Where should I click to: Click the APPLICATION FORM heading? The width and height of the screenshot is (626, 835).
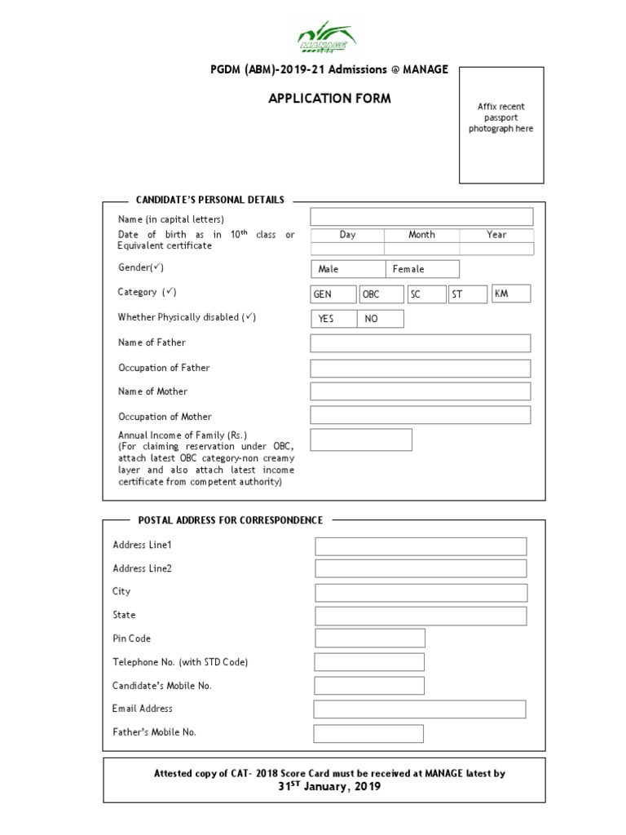pos(329,99)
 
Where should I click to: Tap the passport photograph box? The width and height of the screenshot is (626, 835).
pos(500,125)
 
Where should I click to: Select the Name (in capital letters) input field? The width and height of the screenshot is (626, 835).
pos(421,217)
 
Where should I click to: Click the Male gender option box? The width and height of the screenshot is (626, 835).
pos(347,269)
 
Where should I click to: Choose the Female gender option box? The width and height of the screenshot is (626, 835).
pos(422,269)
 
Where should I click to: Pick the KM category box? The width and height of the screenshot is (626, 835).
pos(511,294)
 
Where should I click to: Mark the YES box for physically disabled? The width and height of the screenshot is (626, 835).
pos(333,319)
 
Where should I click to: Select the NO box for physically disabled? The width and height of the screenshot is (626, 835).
pos(380,319)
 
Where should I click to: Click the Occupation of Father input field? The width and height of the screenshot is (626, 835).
pos(420,369)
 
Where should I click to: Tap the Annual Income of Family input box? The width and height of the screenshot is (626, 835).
pos(361,440)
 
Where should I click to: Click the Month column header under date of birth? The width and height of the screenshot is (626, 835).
pos(421,235)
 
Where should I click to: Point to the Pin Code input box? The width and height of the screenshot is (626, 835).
pos(370,638)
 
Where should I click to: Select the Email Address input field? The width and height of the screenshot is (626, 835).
pos(419,709)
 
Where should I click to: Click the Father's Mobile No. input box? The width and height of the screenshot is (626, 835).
pos(368,733)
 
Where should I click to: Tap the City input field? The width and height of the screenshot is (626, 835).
pos(421,593)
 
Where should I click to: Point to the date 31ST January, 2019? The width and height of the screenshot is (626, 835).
pos(329,787)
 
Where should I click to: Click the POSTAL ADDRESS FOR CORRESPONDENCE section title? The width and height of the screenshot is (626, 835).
pos(231,520)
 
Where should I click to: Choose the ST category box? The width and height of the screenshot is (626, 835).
pos(468,294)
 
